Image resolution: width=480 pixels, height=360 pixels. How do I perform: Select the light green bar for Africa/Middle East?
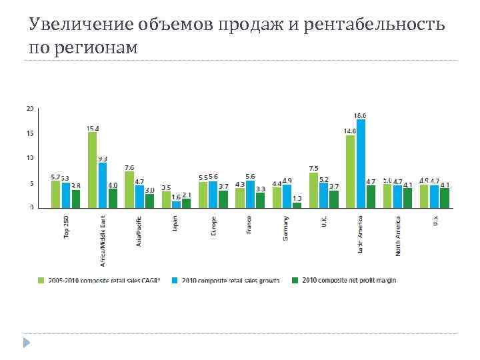click(92, 170)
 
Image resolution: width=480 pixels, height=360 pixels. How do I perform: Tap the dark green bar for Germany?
click(297, 205)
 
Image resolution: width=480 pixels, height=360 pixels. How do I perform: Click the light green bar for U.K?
click(313, 190)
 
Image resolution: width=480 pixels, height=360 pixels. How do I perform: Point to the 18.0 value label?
click(360, 115)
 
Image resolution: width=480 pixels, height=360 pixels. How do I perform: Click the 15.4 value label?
click(93, 128)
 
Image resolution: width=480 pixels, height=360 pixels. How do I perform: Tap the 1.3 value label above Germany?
click(297, 198)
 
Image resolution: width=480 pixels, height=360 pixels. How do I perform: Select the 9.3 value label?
click(103, 159)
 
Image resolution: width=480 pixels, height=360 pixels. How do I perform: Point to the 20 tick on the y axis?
click(29, 108)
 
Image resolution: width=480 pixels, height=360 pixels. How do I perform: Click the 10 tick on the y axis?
click(29, 158)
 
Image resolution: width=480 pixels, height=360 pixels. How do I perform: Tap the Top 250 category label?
click(67, 227)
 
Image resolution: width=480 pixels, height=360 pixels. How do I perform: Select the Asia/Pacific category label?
click(139, 231)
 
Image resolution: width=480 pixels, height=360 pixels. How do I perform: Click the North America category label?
click(397, 235)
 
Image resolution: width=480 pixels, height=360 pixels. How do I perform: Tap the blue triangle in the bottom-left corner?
click(27, 343)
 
